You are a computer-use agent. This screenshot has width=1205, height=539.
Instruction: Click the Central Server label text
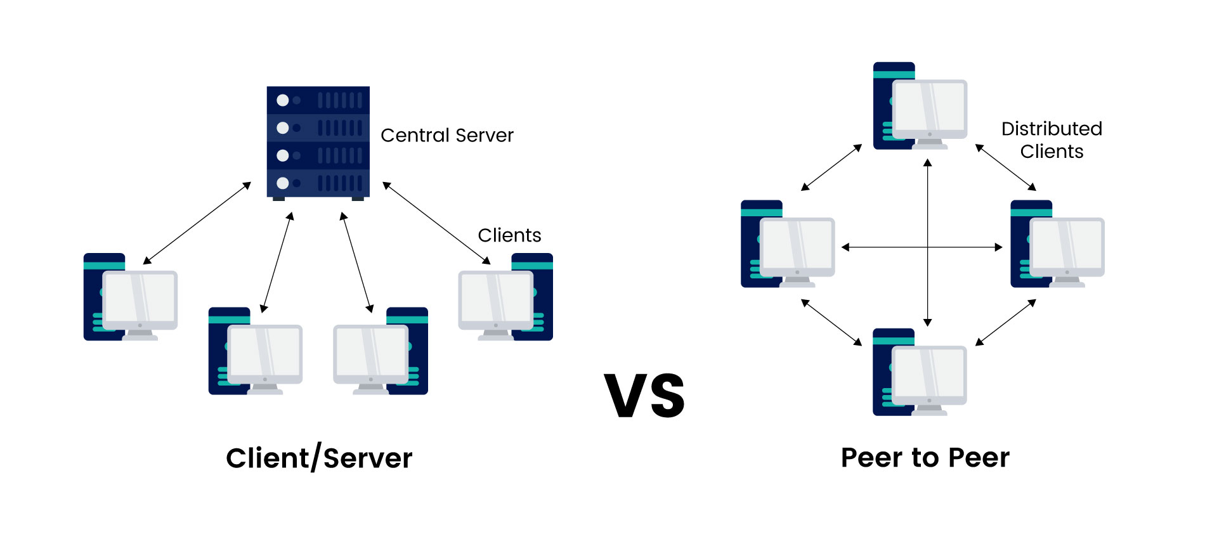pos(446,136)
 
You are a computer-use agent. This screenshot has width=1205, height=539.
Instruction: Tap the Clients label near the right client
pos(509,235)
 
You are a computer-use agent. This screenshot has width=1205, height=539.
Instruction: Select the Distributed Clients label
pos(1052,140)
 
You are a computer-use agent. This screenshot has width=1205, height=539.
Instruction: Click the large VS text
pos(644,396)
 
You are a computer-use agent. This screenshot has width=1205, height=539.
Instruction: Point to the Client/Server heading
pos(319,458)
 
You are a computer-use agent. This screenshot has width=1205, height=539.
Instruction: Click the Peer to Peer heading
pos(925,457)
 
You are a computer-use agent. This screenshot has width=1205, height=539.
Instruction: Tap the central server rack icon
pos(318,142)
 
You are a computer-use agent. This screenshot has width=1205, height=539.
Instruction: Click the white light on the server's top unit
pos(283,100)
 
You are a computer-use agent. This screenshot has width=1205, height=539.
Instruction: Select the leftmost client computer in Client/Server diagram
pos(131,297)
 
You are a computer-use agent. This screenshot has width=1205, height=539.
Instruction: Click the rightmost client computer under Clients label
pos(505,297)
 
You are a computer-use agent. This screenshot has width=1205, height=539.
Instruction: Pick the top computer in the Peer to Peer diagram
pos(920,106)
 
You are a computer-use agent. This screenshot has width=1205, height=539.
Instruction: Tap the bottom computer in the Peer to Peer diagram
pos(920,372)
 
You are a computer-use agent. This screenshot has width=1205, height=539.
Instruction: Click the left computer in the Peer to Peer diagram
pos(788,244)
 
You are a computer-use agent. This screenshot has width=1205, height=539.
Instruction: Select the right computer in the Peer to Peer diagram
pos(1057,244)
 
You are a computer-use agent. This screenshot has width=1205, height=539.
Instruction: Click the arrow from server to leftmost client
pos(197,223)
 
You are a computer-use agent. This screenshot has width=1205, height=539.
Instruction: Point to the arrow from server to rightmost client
pos(436,223)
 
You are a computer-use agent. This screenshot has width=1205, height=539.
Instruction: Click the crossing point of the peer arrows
pos(928,247)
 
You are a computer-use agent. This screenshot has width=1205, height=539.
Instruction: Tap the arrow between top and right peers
pos(1005,167)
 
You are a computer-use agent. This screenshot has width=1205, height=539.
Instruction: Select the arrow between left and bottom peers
pos(831,322)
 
